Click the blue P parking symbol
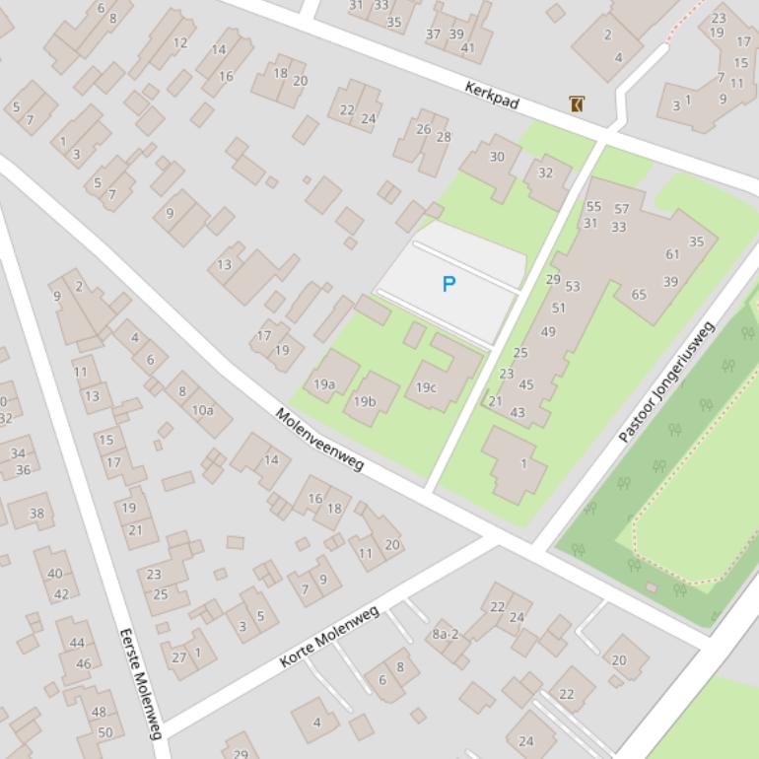(x=448, y=285)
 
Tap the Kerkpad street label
(x=491, y=96)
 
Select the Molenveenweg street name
(x=319, y=440)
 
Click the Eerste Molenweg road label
(x=140, y=683)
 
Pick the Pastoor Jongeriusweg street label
(x=665, y=381)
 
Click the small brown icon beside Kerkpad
(x=576, y=103)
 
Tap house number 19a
(x=324, y=384)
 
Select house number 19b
(x=365, y=401)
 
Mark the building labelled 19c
(x=426, y=387)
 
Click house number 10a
(x=202, y=409)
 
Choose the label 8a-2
(x=446, y=634)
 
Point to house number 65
(x=639, y=295)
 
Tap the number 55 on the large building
(x=592, y=207)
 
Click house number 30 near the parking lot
(x=497, y=157)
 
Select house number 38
(x=37, y=514)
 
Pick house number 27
(x=178, y=657)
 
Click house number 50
(x=104, y=732)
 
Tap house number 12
(x=179, y=42)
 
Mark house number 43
(x=517, y=412)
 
